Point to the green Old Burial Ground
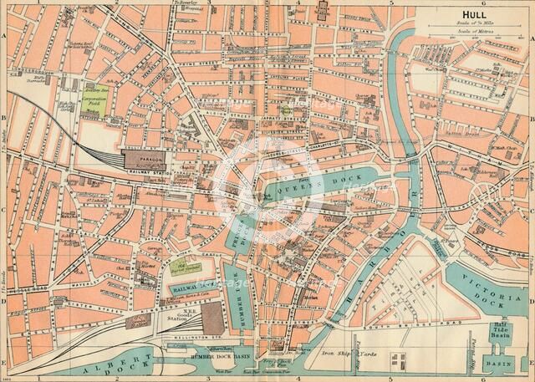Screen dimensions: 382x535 tap(180, 267)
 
